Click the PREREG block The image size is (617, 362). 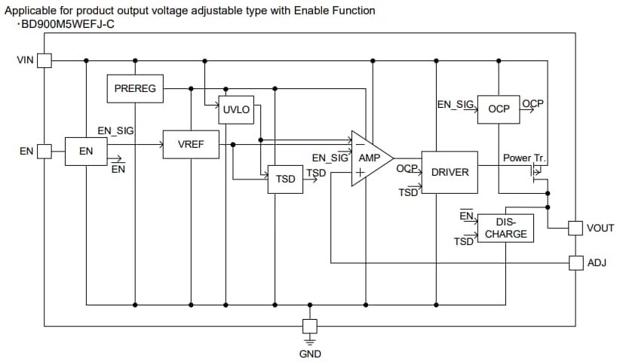click(135, 89)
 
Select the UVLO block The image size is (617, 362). click(236, 110)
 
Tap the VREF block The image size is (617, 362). click(191, 144)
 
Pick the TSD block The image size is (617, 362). click(285, 179)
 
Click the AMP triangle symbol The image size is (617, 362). click(370, 158)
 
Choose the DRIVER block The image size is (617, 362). click(450, 172)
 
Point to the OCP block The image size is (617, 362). click(499, 109)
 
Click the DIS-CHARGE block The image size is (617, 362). click(505, 228)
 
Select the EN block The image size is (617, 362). click(86, 151)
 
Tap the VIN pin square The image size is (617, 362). click(45, 60)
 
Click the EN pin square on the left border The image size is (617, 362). click(45, 151)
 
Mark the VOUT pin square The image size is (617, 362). click(576, 228)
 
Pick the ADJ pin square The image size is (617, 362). click(576, 262)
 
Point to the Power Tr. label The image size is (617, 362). click(523, 158)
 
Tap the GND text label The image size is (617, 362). click(309, 353)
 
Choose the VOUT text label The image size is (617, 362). click(600, 228)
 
